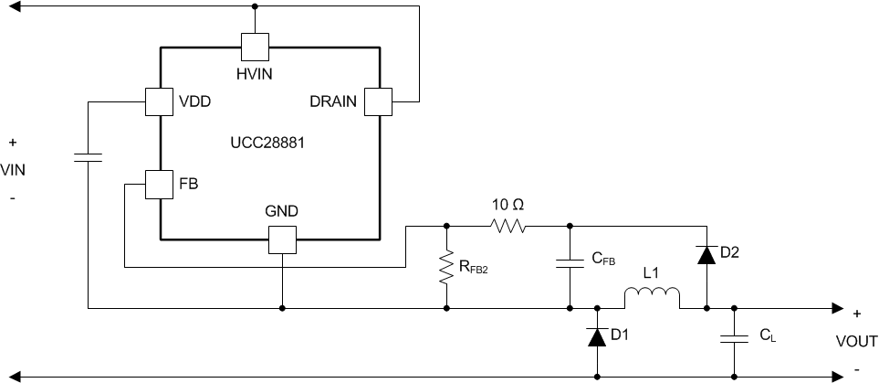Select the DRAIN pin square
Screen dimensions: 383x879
377,101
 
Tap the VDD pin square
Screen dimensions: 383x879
159,101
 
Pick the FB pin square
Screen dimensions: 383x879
159,184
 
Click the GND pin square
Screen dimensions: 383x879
282,240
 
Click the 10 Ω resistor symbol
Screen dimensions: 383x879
508,225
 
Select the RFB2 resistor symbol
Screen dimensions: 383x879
446,267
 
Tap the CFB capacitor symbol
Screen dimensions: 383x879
570,263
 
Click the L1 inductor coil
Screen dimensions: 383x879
652,298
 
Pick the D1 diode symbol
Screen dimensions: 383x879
597,338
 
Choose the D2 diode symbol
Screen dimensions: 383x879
706,253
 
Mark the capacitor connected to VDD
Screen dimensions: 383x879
88,156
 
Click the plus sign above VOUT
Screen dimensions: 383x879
856,312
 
